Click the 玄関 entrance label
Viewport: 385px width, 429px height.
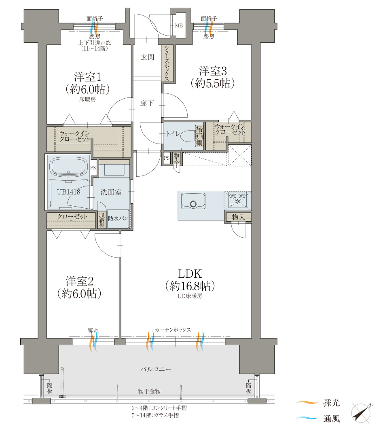pyautogui.click(x=147, y=57)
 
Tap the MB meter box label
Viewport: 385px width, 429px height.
pyautogui.click(x=179, y=25)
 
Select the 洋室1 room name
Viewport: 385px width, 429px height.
pyautogui.click(x=88, y=77)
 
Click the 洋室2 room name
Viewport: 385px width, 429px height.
pyautogui.click(x=79, y=281)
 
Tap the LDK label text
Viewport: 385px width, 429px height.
pyautogui.click(x=190, y=274)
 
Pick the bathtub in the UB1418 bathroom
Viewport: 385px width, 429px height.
pyautogui.click(x=68, y=167)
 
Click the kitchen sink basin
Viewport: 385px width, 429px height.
pyautogui.click(x=193, y=201)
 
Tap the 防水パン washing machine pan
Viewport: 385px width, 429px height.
pyautogui.click(x=118, y=219)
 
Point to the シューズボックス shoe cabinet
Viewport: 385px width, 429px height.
pyautogui.click(x=167, y=63)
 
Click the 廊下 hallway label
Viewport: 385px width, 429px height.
pyautogui.click(x=147, y=103)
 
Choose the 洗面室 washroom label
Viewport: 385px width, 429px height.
pyautogui.click(x=111, y=192)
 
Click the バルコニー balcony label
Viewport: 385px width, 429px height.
pyautogui.click(x=156, y=369)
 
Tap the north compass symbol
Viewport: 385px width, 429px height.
pyautogui.click(x=362, y=412)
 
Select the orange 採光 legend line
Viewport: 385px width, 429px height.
pyautogui.click(x=307, y=402)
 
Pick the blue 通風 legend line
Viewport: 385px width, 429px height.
pyautogui.click(x=307, y=418)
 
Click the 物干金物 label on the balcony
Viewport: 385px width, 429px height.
pyautogui.click(x=149, y=391)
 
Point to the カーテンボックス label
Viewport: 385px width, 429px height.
pyautogui.click(x=173, y=330)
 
